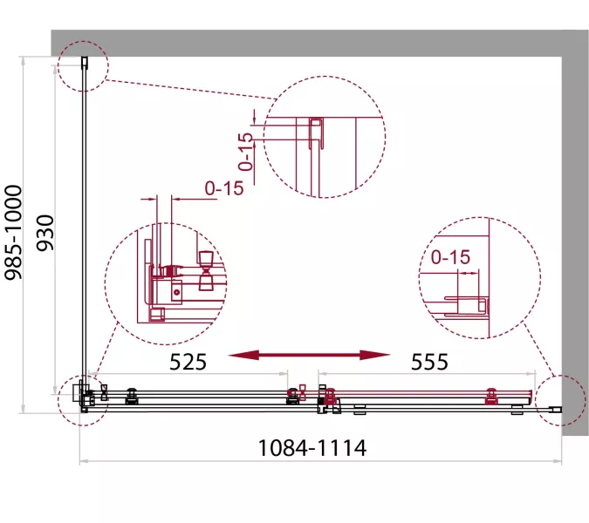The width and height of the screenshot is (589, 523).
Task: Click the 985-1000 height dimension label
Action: [13, 232]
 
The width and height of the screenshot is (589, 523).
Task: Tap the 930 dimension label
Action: [45, 233]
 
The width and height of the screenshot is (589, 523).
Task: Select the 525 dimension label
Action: [188, 362]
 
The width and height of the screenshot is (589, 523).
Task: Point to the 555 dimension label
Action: [429, 362]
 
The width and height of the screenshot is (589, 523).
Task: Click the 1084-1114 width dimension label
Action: [312, 447]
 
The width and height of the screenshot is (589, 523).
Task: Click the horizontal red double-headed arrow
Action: [309, 355]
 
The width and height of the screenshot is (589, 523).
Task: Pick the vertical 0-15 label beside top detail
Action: [246, 152]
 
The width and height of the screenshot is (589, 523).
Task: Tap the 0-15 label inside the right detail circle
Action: [450, 257]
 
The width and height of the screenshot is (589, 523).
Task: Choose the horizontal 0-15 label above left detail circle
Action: [224, 188]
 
